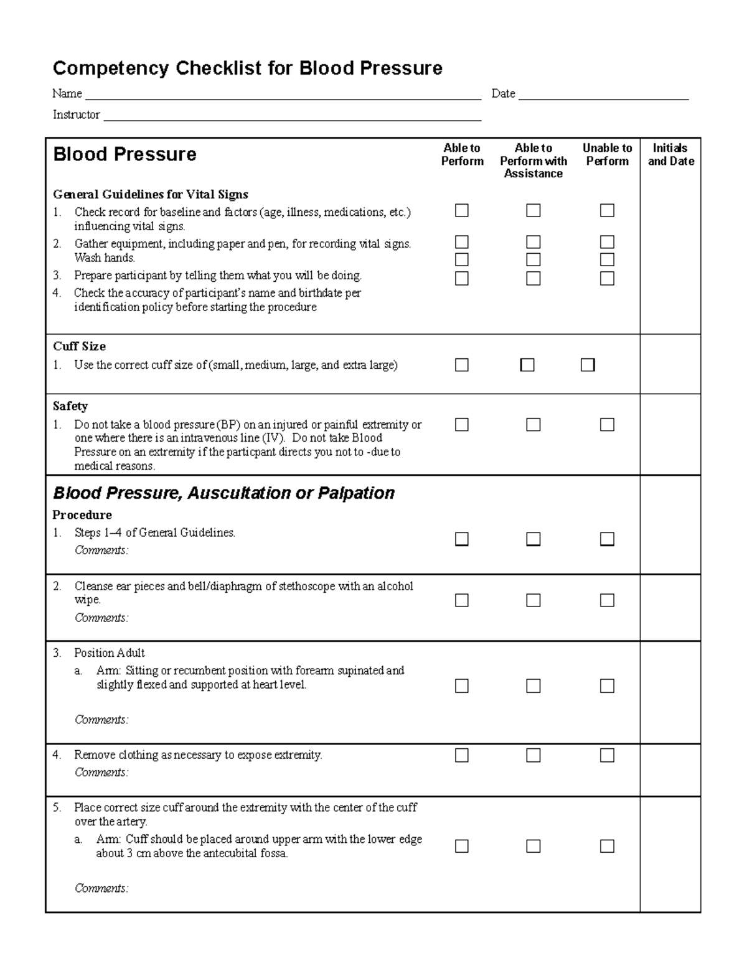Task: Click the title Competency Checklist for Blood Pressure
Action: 247,68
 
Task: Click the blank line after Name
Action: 283,95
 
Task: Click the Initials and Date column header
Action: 670,154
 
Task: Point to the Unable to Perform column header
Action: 607,154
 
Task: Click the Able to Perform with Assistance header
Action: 533,160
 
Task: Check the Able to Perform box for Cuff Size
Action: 461,365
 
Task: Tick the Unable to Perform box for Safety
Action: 607,425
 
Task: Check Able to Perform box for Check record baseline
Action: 461,211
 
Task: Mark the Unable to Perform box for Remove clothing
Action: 607,755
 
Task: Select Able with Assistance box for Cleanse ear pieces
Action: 533,600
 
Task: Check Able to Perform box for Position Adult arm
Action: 461,686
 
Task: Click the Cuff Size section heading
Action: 79,346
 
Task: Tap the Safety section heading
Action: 70,406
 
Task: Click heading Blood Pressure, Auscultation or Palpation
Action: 223,493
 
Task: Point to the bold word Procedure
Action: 82,515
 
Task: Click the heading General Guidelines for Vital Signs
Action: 150,195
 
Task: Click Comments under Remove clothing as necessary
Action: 101,773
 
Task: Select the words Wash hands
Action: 105,258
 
